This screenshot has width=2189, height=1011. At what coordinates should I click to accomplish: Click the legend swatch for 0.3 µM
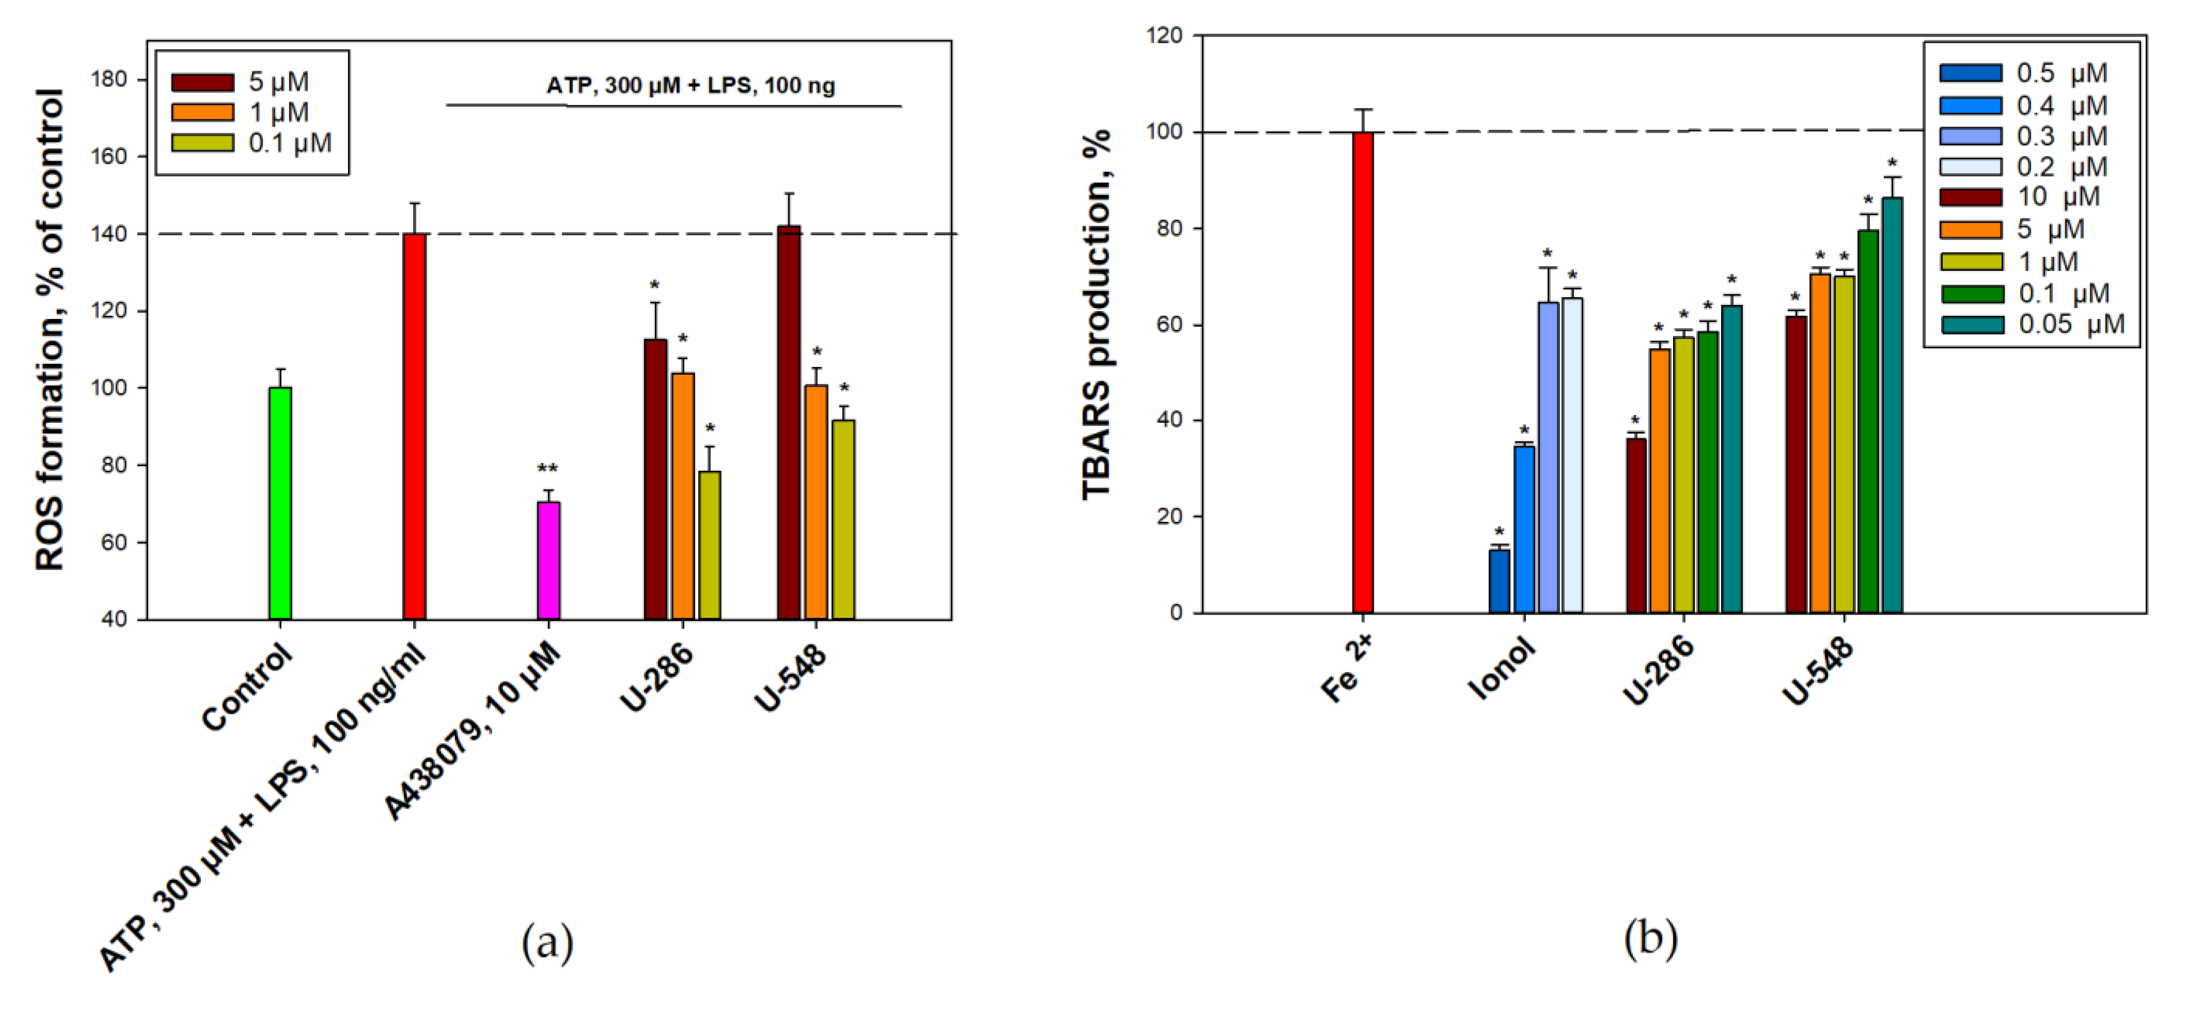click(x=1970, y=136)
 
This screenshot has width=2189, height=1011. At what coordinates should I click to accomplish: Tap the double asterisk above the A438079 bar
click(x=547, y=470)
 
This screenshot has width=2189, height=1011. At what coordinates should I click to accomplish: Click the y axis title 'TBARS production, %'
click(x=1097, y=314)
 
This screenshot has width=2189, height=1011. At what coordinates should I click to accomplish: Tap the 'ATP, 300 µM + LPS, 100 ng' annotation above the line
click(x=690, y=86)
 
